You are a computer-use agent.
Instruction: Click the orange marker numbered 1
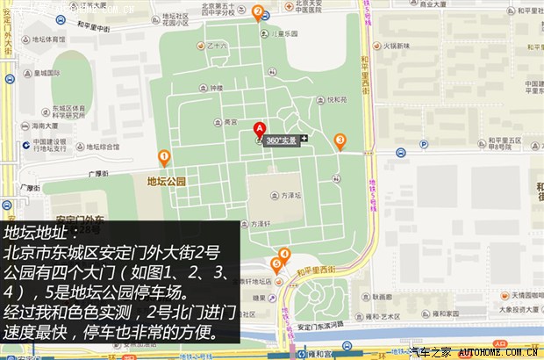click(164, 157)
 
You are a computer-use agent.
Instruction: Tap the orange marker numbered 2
click(257, 12)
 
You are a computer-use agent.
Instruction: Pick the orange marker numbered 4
click(284, 255)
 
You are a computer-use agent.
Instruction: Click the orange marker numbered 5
click(276, 263)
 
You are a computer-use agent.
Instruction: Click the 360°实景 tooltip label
click(281, 140)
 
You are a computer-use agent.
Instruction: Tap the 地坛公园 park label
click(167, 182)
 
